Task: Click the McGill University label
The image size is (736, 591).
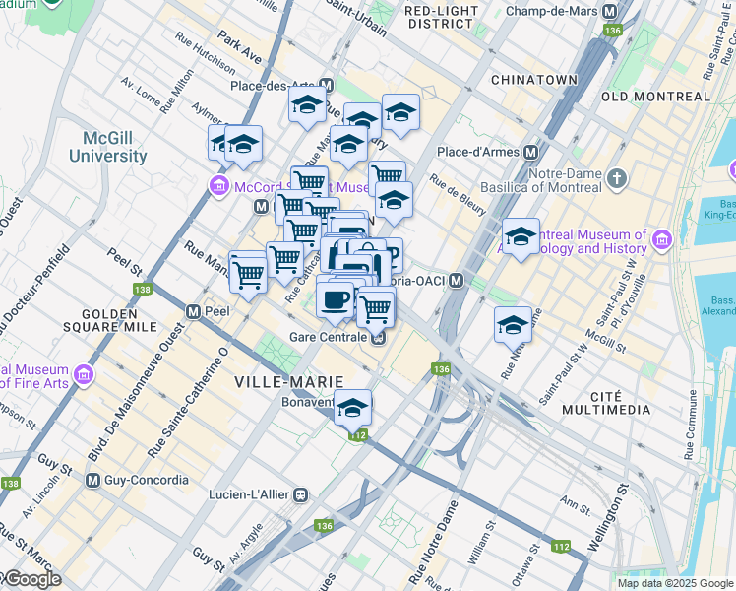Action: [x=107, y=147]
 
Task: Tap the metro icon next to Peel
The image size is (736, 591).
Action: [x=194, y=311]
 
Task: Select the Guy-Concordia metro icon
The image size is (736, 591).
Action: [x=92, y=480]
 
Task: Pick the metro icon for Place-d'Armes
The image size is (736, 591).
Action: [x=530, y=152]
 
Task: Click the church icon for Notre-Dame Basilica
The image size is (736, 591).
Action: [x=617, y=178]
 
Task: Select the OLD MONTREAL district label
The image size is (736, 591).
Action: [x=655, y=97]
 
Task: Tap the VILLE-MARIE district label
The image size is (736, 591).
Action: [x=288, y=381]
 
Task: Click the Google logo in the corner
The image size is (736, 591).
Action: [x=31, y=579]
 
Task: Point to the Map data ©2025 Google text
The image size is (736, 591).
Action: [x=675, y=583]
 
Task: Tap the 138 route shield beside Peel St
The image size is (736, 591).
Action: [x=143, y=290]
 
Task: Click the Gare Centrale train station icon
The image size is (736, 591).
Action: [x=378, y=338]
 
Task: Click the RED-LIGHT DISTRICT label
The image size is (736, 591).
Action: [x=441, y=16]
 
